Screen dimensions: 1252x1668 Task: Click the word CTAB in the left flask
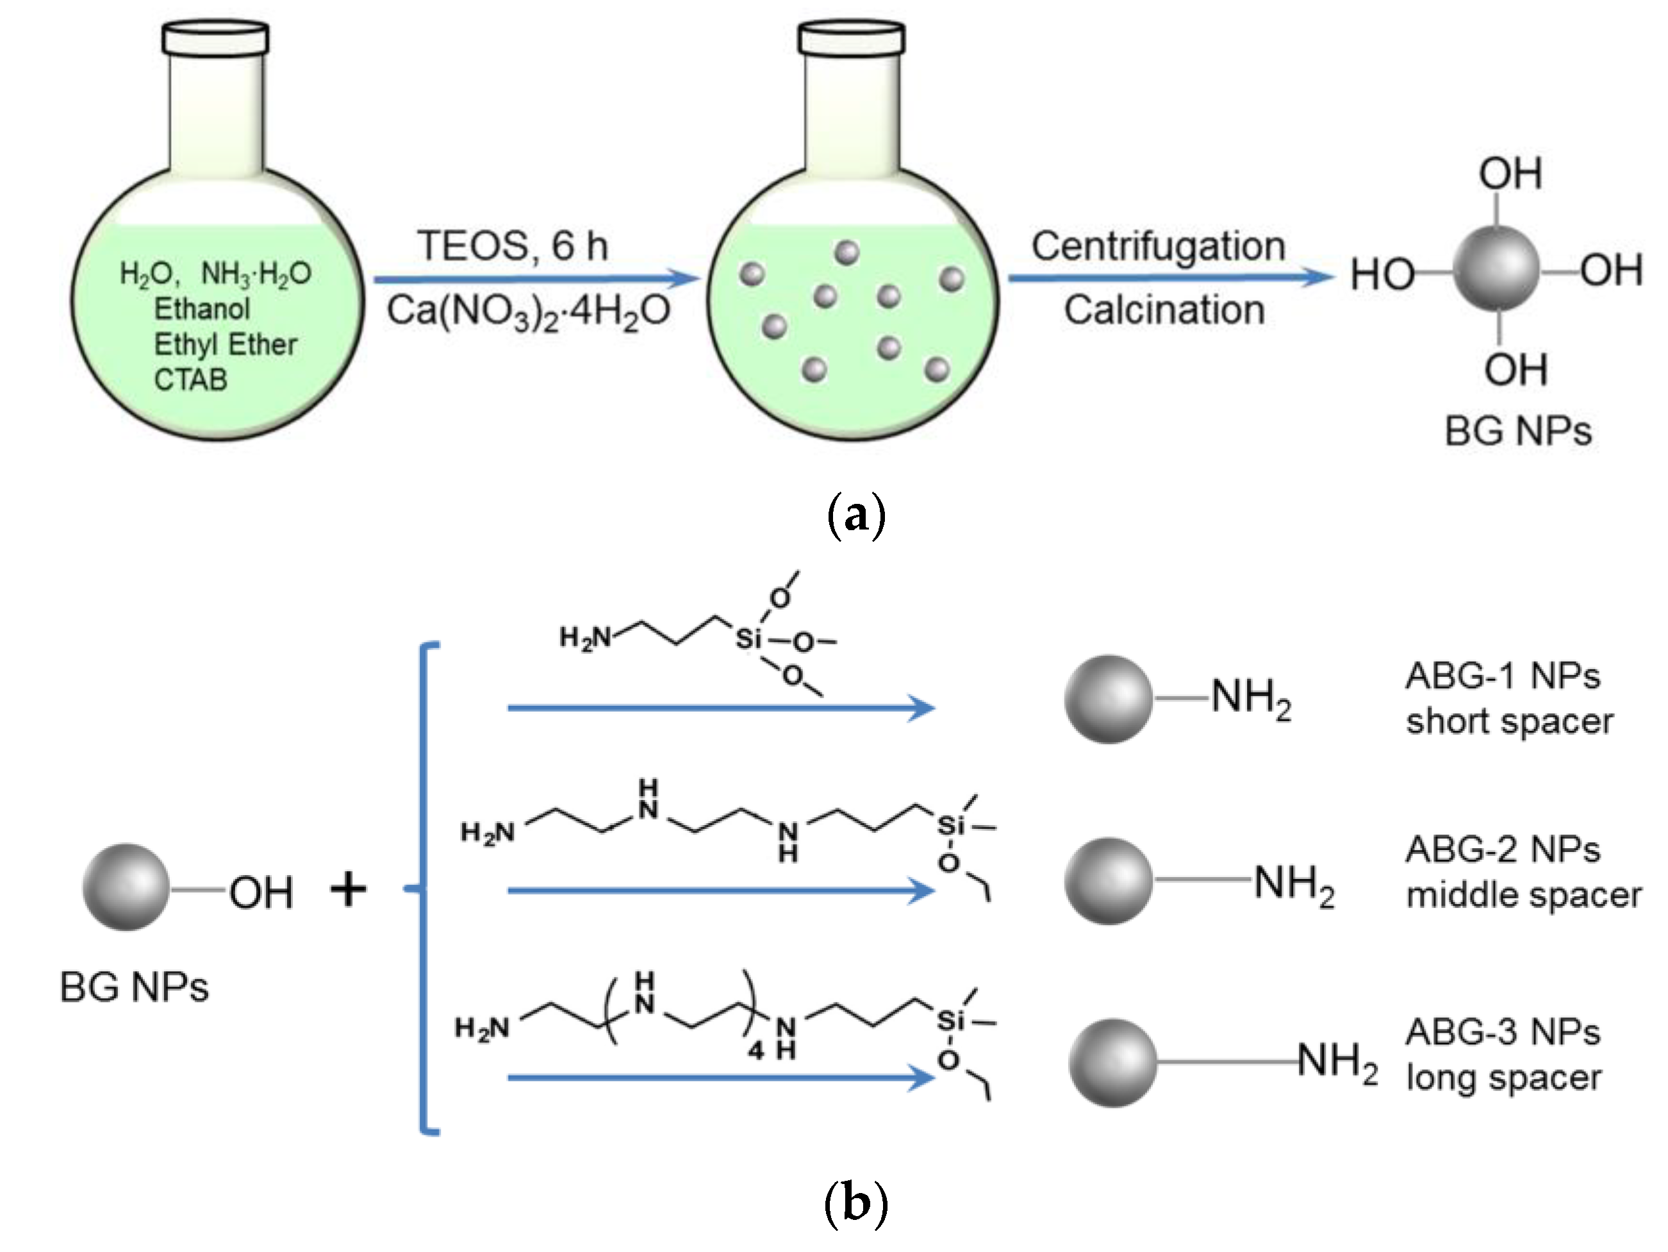(x=190, y=380)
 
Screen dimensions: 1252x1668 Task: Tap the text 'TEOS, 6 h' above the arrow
(x=512, y=246)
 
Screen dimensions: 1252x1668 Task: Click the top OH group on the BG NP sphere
(x=1510, y=174)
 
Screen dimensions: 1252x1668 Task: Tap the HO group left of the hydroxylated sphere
(x=1382, y=274)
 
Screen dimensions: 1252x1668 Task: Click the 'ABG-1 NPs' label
(x=1502, y=676)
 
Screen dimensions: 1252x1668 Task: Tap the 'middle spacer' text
(x=1523, y=896)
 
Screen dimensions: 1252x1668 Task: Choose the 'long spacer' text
(x=1503, y=1077)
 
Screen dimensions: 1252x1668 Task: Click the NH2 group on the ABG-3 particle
(x=1337, y=1061)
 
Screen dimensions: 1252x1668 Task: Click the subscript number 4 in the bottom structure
(x=756, y=1051)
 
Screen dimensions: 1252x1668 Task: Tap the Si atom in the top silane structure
(x=748, y=640)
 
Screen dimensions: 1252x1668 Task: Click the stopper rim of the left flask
(x=215, y=38)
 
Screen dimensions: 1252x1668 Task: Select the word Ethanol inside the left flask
(x=202, y=308)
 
